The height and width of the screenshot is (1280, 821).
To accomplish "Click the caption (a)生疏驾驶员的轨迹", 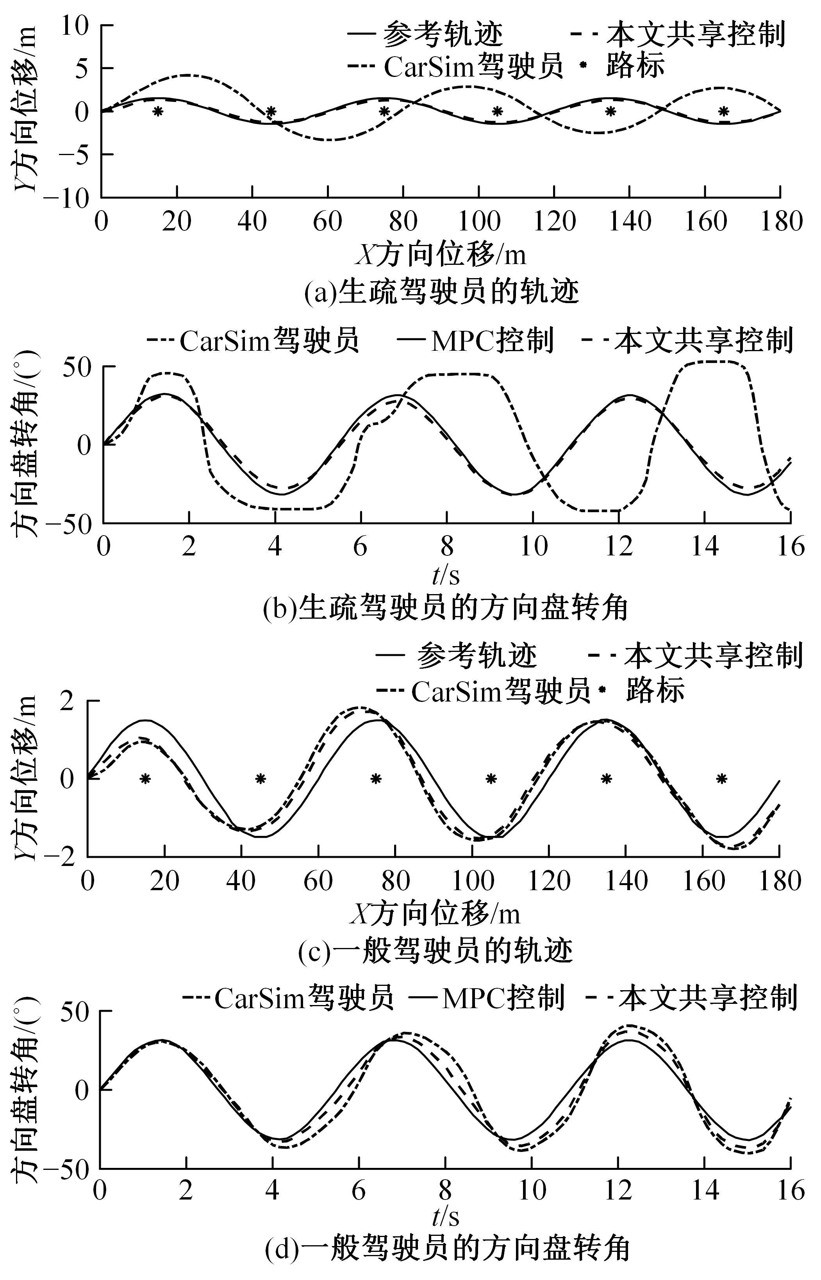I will [x=441, y=292].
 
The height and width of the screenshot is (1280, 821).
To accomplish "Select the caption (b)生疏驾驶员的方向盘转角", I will [x=446, y=607].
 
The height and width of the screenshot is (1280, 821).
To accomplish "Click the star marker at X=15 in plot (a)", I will [x=157, y=111].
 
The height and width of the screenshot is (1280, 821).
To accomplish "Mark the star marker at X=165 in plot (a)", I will [x=723, y=111].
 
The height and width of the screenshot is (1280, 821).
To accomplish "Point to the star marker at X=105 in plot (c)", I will [x=491, y=779].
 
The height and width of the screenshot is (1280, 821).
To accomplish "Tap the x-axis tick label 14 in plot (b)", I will [x=704, y=546].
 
